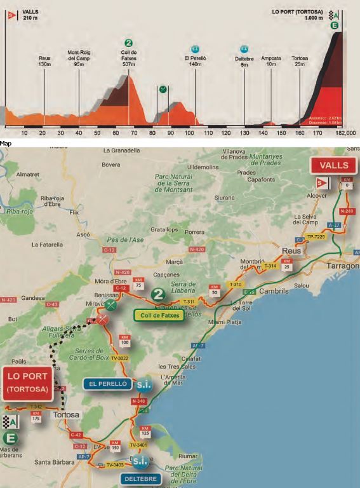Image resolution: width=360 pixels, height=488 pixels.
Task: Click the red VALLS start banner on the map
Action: [x=333, y=165]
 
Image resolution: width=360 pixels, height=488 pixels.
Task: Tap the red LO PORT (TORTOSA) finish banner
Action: [x=27, y=383]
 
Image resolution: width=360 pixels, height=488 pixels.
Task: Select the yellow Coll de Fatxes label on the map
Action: [x=159, y=315]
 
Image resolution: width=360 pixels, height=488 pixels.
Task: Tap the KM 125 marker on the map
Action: [x=146, y=432]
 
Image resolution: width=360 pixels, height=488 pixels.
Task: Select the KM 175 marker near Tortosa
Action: [x=36, y=416]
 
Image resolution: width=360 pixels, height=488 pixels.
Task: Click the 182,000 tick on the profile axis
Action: [x=346, y=132]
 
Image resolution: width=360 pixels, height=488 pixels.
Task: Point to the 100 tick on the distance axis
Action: [x=189, y=132]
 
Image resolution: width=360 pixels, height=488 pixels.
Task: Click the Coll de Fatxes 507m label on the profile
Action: [x=129, y=58]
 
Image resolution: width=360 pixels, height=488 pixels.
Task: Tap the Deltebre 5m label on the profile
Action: [x=244, y=60]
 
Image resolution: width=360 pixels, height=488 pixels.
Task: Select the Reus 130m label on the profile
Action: [x=44, y=61]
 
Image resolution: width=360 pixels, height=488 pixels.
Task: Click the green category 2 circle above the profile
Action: [x=129, y=43]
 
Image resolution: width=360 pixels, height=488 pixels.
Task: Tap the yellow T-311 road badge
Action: [x=189, y=302]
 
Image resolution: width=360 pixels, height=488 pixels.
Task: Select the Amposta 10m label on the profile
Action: [x=271, y=61]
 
